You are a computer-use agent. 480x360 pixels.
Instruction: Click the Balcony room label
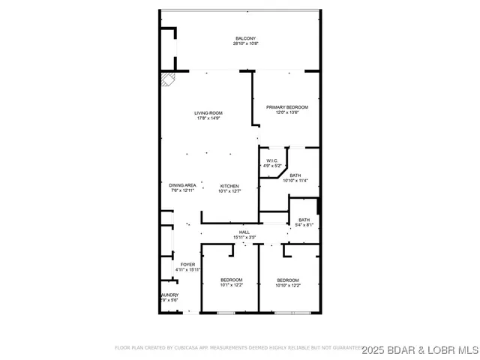tap(245, 39)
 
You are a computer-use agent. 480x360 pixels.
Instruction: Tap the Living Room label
tap(209, 113)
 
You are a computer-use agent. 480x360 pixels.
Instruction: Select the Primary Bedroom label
tap(286, 107)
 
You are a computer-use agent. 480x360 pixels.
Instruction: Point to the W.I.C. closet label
tap(271, 161)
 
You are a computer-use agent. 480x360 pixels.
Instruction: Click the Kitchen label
tap(229, 185)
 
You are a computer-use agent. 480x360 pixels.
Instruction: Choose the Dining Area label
tap(182, 185)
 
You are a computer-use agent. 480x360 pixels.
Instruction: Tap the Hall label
tap(244, 232)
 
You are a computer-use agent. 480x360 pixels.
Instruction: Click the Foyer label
tap(187, 265)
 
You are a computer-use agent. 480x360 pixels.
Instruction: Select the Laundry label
tap(169, 295)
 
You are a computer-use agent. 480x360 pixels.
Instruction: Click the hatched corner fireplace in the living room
tap(166, 79)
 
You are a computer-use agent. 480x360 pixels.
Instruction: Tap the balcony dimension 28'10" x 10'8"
tap(245, 44)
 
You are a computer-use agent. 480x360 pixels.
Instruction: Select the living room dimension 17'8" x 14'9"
tap(209, 118)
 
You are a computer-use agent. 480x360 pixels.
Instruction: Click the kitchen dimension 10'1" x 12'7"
tap(229, 190)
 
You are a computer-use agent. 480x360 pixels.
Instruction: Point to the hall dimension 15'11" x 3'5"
tap(244, 238)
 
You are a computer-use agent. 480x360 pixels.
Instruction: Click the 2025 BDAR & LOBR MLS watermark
tap(420, 349)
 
